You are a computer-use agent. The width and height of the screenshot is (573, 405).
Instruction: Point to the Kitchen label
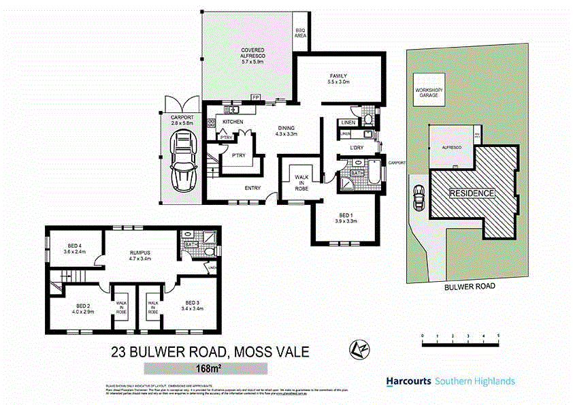pyautogui.click(x=233, y=122)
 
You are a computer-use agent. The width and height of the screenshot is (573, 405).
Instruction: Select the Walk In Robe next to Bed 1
pyautogui.click(x=301, y=182)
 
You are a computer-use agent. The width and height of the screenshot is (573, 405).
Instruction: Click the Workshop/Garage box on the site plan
pyautogui.click(x=428, y=96)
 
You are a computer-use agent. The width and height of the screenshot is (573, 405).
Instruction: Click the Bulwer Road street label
pyautogui.click(x=470, y=287)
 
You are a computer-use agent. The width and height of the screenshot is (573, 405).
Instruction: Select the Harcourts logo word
pyautogui.click(x=408, y=381)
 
